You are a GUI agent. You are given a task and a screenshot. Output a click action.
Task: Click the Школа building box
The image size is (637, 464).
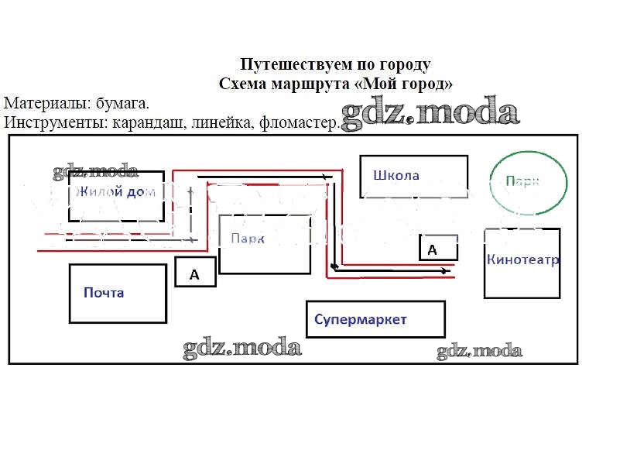tap(413, 177)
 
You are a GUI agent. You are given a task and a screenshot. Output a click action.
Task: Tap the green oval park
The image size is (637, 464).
tap(529, 183)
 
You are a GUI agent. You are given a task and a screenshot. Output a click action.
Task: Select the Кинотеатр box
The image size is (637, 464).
tap(522, 263)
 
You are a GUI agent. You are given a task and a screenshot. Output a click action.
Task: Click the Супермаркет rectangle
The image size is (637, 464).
tap(375, 319)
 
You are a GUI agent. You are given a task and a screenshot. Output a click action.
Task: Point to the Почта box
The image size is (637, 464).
tap(118, 293)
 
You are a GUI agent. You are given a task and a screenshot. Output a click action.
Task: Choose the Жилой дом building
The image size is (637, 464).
tap(116, 195)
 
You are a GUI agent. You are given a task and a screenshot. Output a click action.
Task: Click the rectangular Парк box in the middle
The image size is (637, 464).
tap(265, 244)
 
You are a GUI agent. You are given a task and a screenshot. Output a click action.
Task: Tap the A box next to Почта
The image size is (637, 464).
tap(195, 273)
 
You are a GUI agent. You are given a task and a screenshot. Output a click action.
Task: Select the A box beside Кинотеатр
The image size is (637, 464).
tap(438, 248)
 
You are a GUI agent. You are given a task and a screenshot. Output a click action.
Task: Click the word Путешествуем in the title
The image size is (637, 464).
tap(286, 64)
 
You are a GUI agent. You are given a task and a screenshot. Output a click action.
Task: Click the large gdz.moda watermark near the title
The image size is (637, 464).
tap(430, 114)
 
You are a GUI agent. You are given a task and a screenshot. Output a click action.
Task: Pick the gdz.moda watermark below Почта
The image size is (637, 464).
tap(241, 348)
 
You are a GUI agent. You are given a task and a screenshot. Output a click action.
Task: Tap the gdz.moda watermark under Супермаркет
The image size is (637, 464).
tap(479, 351)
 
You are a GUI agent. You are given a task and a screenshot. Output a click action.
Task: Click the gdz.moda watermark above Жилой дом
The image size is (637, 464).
tap(95, 172)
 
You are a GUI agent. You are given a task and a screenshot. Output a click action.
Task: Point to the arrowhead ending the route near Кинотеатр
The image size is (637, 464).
tap(444, 270)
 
